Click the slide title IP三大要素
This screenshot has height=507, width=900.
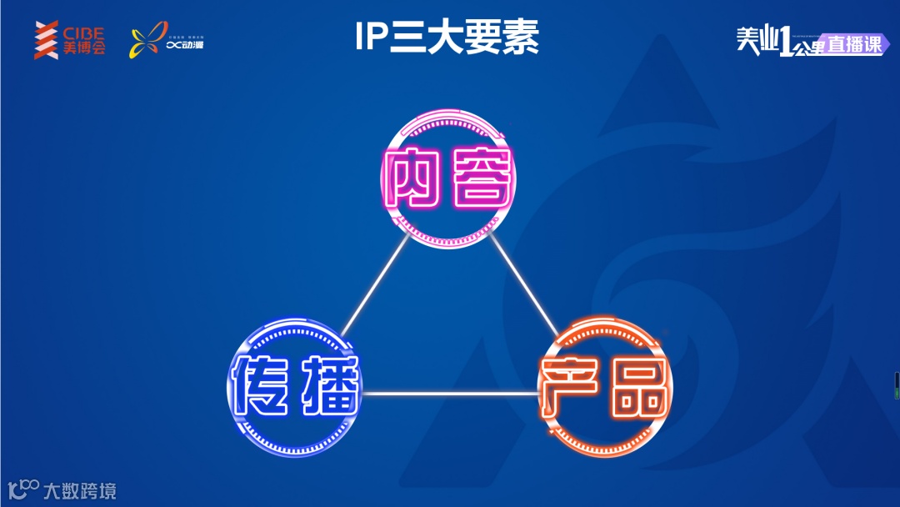[x=447, y=38]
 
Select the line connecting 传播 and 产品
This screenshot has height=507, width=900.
[x=450, y=394]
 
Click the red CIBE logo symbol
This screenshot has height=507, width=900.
[x=46, y=40]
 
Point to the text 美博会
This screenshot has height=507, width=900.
[x=84, y=48]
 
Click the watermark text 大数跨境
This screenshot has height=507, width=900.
[x=80, y=490]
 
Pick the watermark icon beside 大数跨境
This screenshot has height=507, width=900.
[x=22, y=489]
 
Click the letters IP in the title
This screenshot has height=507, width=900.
[x=372, y=38]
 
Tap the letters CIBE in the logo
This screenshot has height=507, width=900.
[x=84, y=33]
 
